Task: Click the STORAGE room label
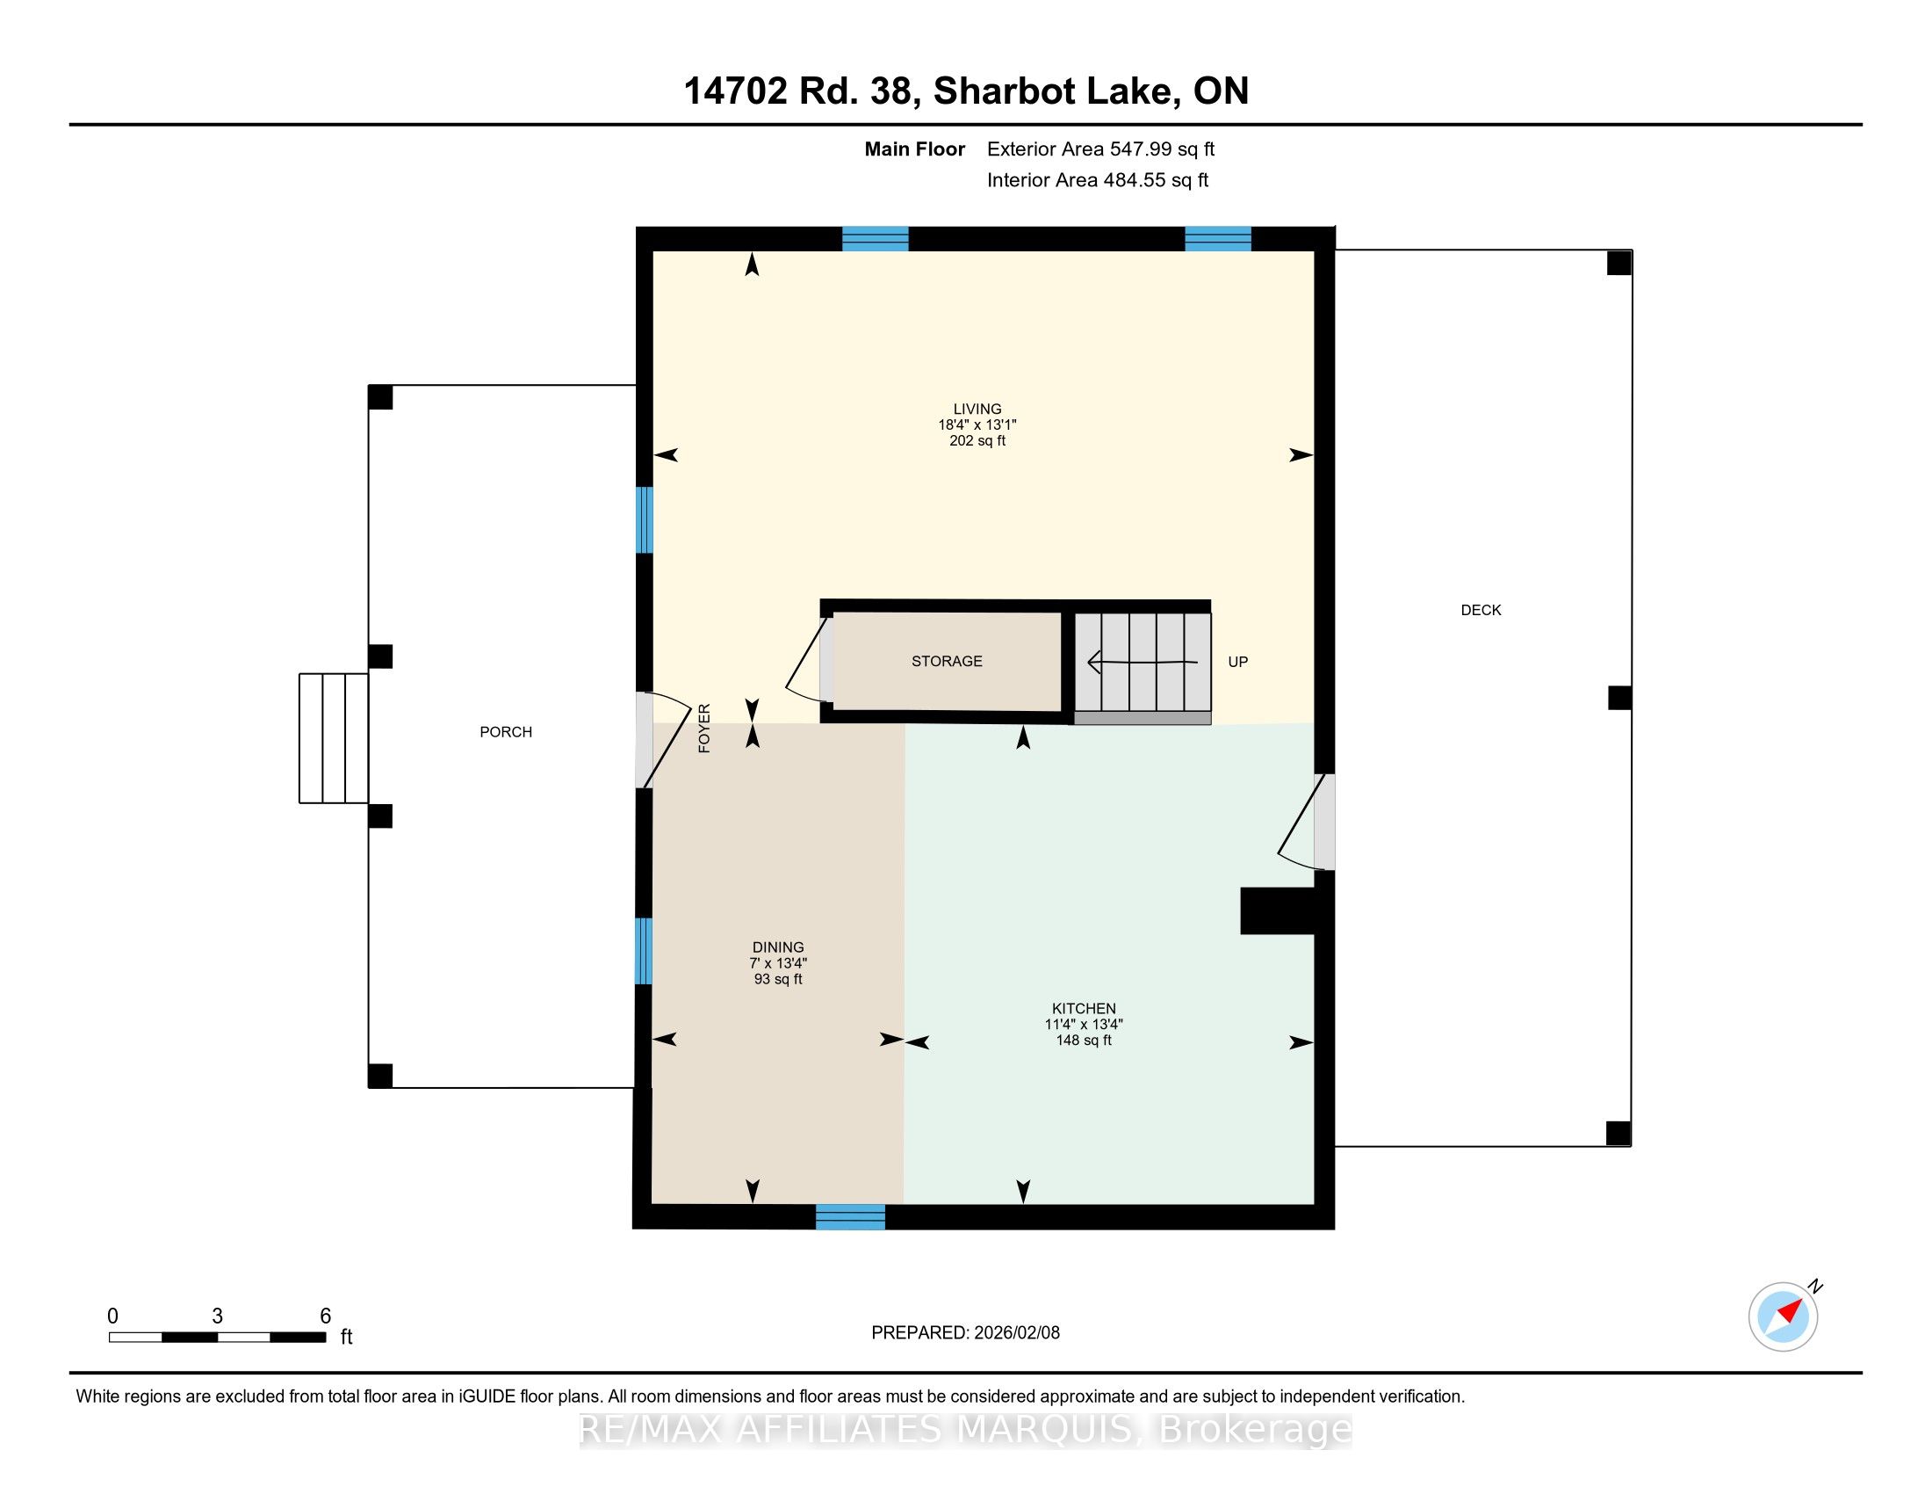[x=947, y=661]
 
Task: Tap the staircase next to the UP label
[x=1143, y=662]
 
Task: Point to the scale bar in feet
[x=218, y=1337]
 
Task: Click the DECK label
[x=1481, y=610]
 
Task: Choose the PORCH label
[x=506, y=732]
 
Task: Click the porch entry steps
[x=334, y=738]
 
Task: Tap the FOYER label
[x=704, y=729]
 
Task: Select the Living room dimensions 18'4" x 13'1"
[x=977, y=424]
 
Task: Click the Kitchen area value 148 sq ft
[x=1084, y=1041]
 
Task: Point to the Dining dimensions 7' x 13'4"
[x=778, y=963]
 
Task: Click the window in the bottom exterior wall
[x=850, y=1217]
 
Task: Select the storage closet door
[x=809, y=658]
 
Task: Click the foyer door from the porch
[x=661, y=740]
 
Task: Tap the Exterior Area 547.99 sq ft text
[x=1100, y=149]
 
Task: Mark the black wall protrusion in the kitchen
[x=1278, y=910]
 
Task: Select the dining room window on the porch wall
[x=644, y=952]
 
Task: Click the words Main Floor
[x=915, y=149]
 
